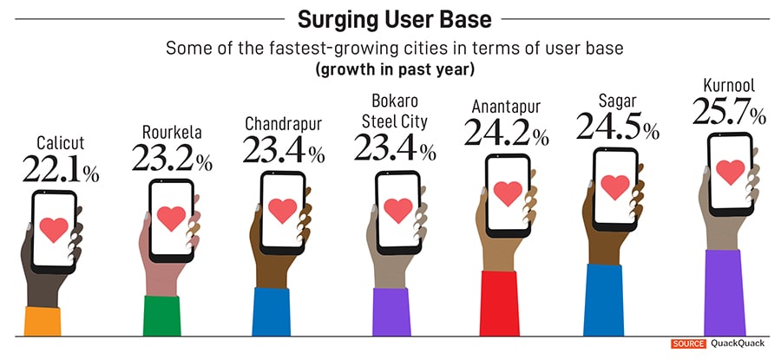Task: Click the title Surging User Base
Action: (x=393, y=18)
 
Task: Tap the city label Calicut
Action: (x=60, y=142)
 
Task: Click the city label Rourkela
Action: (x=172, y=132)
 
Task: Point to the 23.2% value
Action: (x=172, y=158)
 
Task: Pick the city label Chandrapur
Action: (x=284, y=124)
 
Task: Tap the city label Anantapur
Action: (x=506, y=107)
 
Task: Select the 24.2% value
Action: (x=506, y=132)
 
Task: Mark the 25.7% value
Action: (x=729, y=111)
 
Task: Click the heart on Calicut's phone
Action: (x=54, y=229)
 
